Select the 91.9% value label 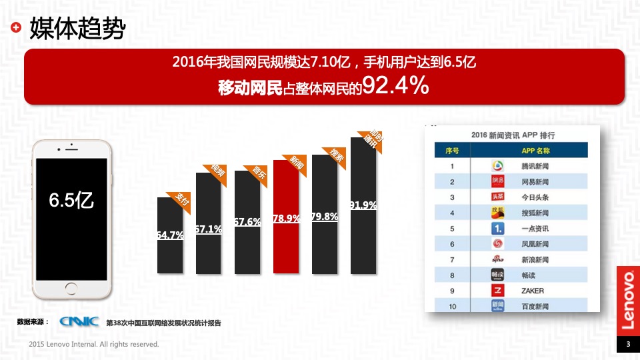363,205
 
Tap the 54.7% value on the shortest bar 170,235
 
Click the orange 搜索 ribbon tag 337,156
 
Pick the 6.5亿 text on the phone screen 71,200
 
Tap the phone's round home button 72,289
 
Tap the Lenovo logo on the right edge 627,300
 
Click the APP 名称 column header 531,151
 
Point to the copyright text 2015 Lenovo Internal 94,345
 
